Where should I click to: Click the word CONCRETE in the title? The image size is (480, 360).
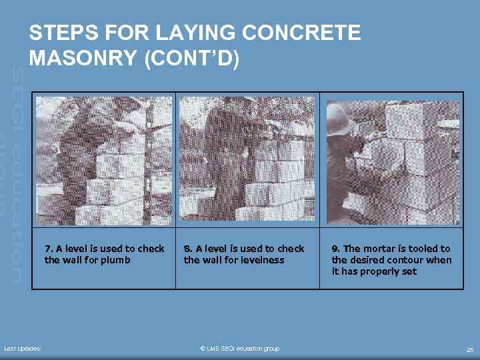click(301, 33)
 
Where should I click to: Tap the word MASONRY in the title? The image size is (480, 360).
click(83, 57)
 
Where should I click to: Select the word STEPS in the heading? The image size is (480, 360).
click(64, 33)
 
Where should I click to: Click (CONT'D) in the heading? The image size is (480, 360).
click(192, 58)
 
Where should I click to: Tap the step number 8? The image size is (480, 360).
click(187, 249)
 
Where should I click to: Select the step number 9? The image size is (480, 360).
click(335, 249)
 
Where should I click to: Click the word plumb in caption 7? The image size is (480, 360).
click(115, 261)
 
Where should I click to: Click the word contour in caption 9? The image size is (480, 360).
click(409, 260)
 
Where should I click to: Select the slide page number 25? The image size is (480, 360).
click(470, 349)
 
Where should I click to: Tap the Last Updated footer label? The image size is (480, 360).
click(23, 349)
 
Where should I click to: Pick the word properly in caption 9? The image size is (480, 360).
click(383, 272)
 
